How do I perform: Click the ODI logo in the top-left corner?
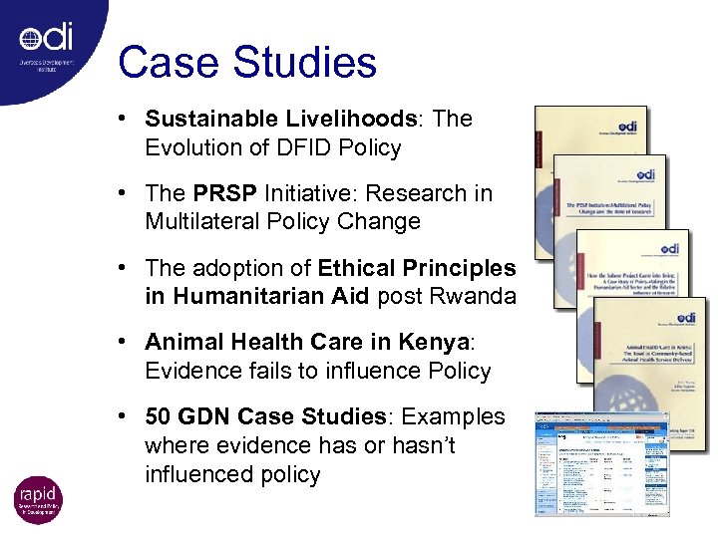click(x=46, y=40)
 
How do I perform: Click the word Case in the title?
click(x=163, y=62)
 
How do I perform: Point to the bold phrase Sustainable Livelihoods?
click(x=281, y=119)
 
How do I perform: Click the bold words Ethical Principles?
click(x=417, y=268)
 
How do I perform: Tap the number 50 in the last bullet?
click(x=160, y=416)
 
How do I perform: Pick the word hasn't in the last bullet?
click(x=420, y=445)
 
